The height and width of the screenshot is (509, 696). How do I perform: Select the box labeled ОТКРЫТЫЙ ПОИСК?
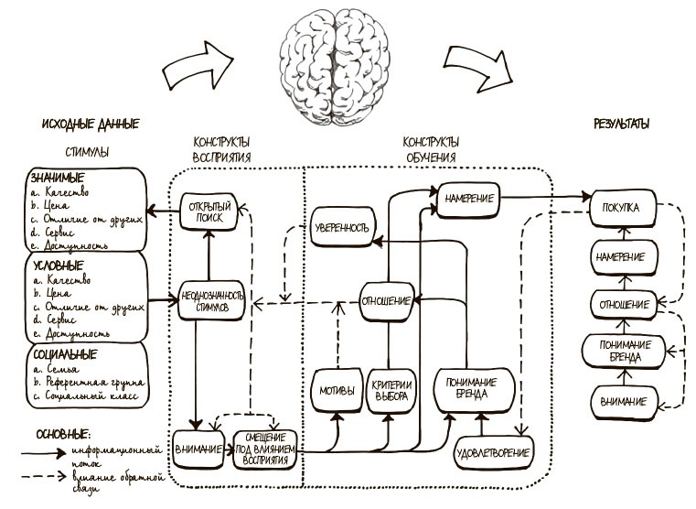point(209,211)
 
